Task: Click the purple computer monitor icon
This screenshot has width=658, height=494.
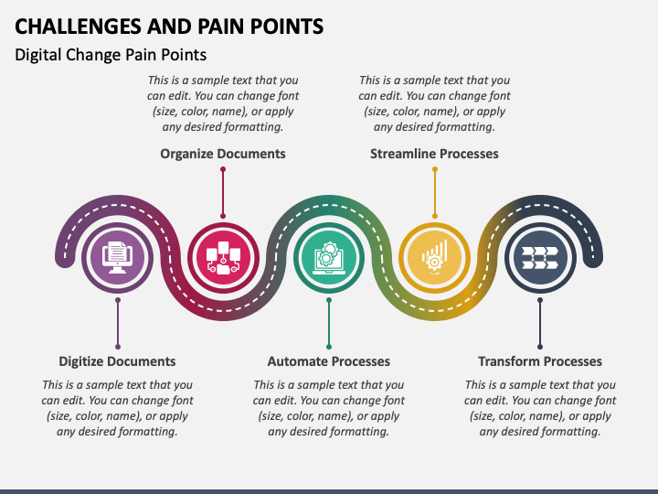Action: click(118, 257)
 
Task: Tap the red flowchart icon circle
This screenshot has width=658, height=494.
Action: click(223, 257)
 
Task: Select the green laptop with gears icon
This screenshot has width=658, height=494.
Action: click(329, 257)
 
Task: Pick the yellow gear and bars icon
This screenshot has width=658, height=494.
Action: click(435, 257)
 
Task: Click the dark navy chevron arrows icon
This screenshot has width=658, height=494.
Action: click(540, 257)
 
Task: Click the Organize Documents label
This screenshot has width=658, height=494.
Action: click(223, 154)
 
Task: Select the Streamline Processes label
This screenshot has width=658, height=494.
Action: click(434, 154)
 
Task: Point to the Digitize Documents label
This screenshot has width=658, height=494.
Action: click(117, 361)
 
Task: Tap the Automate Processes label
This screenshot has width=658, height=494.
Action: click(329, 361)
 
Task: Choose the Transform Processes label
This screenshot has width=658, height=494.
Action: click(540, 361)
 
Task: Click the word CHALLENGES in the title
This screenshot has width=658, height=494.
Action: click(78, 27)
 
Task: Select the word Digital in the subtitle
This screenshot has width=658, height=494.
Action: click(37, 55)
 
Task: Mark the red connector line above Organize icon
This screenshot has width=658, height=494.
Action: click(223, 193)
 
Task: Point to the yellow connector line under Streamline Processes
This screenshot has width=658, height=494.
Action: click(435, 193)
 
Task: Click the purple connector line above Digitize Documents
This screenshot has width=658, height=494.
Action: click(118, 324)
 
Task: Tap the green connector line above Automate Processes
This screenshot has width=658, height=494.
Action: click(329, 324)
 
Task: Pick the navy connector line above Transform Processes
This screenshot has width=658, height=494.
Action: click(540, 324)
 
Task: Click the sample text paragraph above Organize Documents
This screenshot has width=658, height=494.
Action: click(223, 103)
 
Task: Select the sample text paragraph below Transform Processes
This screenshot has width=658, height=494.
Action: click(540, 408)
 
